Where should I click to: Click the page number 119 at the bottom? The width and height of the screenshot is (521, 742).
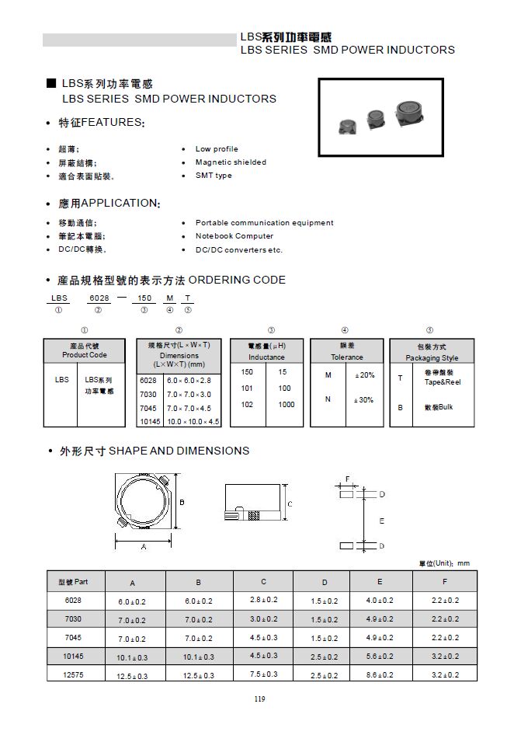pyautogui.click(x=259, y=698)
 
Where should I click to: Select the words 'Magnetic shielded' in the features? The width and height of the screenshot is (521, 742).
pyautogui.click(x=231, y=162)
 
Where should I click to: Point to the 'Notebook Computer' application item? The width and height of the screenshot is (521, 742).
pyautogui.click(x=234, y=236)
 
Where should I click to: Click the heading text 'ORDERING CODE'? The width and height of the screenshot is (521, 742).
pyautogui.click(x=237, y=280)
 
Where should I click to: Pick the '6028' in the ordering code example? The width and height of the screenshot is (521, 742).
pyautogui.click(x=98, y=298)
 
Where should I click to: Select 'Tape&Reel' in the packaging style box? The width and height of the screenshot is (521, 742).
pyautogui.click(x=443, y=382)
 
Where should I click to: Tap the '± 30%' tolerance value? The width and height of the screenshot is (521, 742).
pyautogui.click(x=364, y=399)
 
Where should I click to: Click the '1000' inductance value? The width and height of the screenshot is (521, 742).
pyautogui.click(x=287, y=404)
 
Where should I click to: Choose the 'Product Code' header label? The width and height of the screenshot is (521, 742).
pyautogui.click(x=85, y=355)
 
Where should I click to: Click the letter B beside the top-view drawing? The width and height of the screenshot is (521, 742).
pyautogui.click(x=182, y=503)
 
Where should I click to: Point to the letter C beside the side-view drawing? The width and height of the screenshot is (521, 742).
pyautogui.click(x=290, y=504)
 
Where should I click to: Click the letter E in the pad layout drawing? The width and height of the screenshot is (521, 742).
pyautogui.click(x=381, y=521)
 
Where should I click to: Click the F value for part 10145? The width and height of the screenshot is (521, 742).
pyautogui.click(x=445, y=656)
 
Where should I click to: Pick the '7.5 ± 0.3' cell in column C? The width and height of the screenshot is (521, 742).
pyautogui.click(x=264, y=674)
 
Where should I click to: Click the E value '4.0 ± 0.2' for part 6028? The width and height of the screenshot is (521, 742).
pyautogui.click(x=380, y=600)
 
